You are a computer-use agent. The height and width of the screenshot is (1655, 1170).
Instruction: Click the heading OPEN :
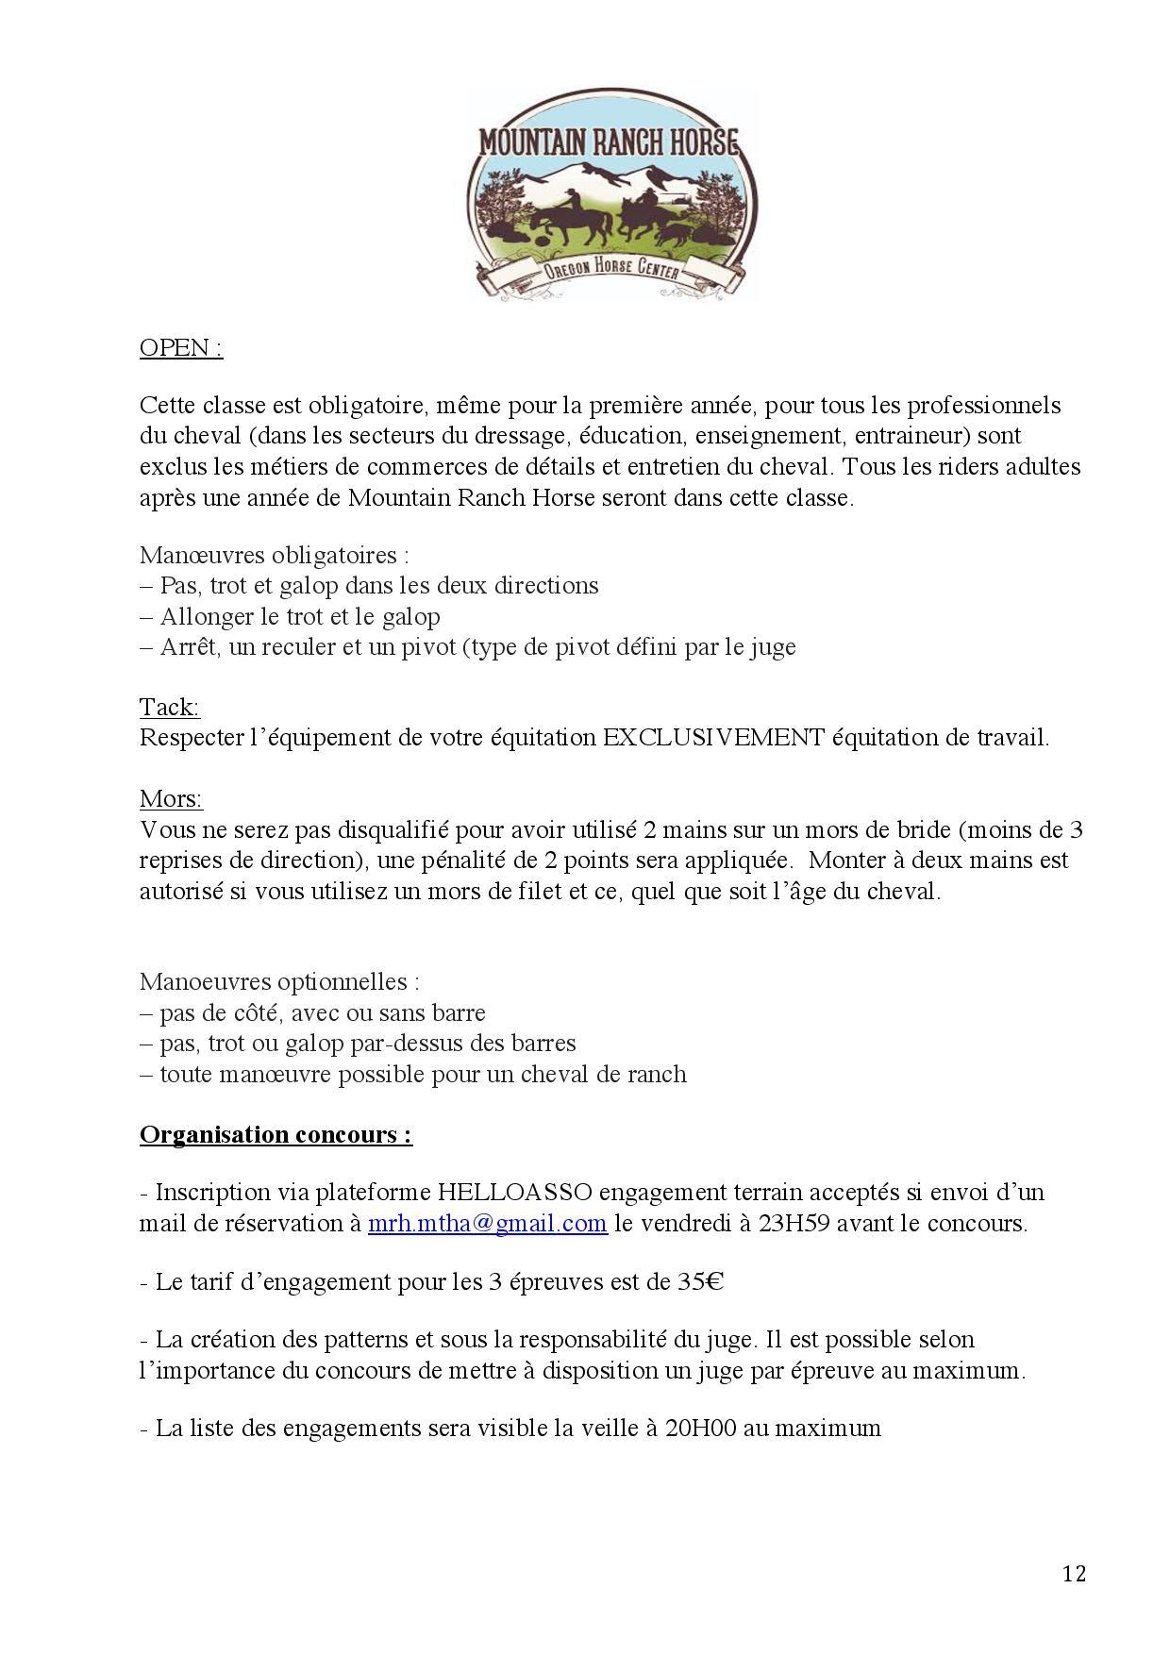180,348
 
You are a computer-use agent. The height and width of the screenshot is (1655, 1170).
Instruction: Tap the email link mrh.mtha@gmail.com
487,1224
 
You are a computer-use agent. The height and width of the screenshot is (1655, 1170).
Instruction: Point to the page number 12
1074,1573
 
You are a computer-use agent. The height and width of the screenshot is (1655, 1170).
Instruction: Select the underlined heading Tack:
169,707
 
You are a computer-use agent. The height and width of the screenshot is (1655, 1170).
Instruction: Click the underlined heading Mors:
171,799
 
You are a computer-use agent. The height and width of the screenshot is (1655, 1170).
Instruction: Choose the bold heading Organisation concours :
276,1134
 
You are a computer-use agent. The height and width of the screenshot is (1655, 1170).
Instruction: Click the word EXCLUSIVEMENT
714,738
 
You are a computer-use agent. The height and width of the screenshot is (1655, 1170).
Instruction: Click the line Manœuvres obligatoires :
275,555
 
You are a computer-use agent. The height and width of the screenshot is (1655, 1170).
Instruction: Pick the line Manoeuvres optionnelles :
279,982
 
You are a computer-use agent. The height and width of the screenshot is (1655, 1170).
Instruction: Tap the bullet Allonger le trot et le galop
299,617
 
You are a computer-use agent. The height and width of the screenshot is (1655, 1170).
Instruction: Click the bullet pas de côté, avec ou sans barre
322,1013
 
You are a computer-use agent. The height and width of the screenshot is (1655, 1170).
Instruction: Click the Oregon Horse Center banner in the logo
610,274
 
